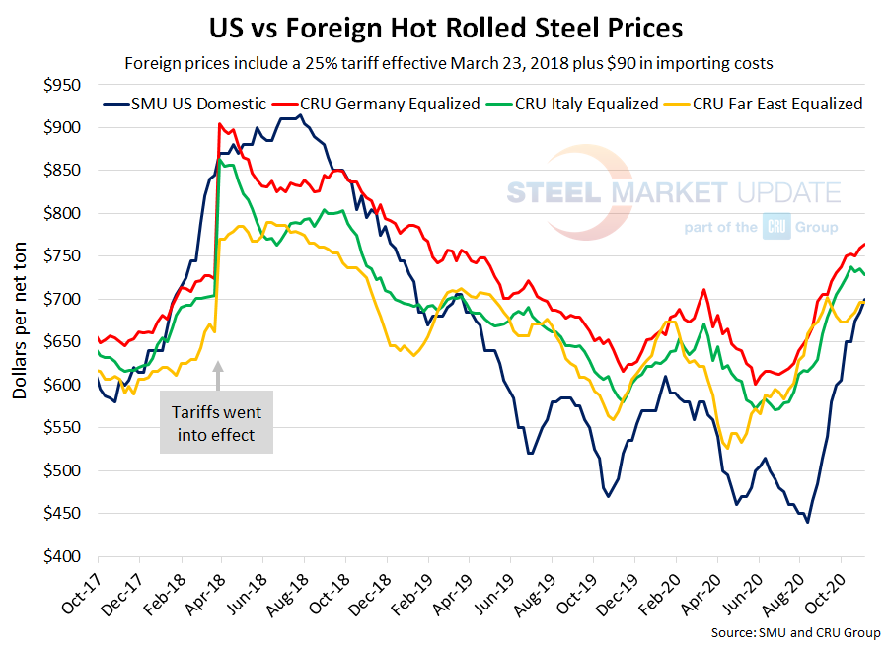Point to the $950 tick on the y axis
(60, 85)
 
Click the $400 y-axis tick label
(60, 557)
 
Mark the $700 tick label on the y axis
(60, 300)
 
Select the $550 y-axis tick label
(60, 428)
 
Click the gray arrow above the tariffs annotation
(218, 375)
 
